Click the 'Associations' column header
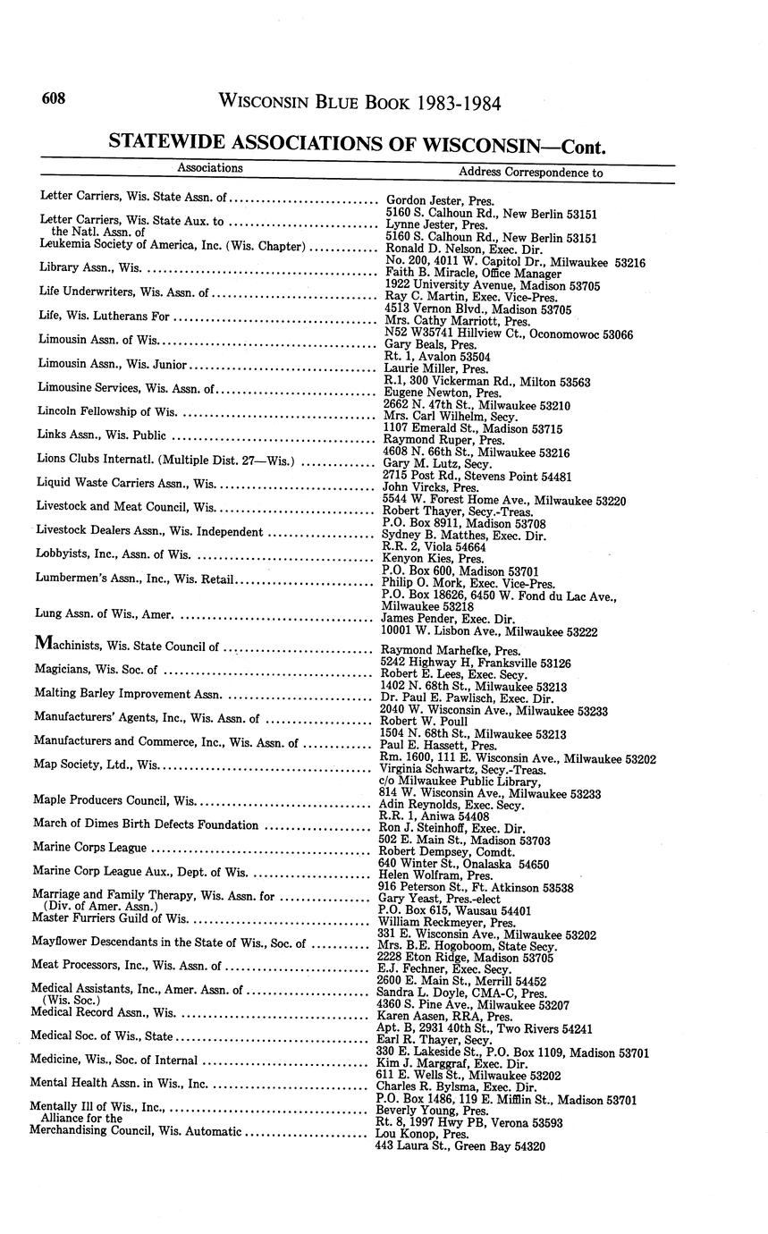click(x=209, y=167)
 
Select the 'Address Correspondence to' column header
click(x=530, y=172)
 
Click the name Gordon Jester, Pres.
click(x=440, y=201)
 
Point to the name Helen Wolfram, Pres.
click(x=431, y=875)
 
